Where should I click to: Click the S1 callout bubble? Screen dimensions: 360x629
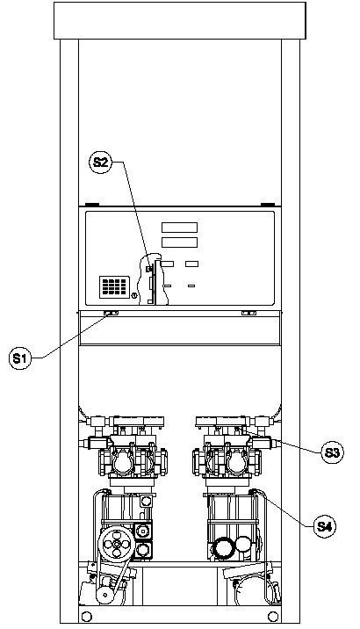click(19, 358)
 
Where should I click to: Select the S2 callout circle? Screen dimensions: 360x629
click(100, 162)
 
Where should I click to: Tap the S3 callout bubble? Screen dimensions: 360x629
click(332, 452)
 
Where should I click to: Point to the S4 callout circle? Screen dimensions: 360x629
click(324, 526)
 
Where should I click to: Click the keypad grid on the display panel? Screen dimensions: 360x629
click(114, 286)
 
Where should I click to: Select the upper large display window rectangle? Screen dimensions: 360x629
click(179, 228)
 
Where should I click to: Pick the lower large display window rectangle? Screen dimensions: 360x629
click(179, 242)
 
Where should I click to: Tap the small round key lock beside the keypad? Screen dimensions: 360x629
click(133, 296)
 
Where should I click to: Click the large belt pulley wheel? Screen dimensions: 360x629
click(116, 544)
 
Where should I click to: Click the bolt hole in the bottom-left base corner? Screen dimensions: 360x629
click(85, 616)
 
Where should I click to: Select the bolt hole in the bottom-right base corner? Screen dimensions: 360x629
click(273, 616)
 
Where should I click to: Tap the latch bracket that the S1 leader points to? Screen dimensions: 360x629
click(111, 313)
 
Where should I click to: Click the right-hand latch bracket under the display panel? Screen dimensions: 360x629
click(248, 313)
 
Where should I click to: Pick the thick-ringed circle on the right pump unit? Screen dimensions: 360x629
click(222, 548)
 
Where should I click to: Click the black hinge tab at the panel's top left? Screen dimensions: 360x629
click(92, 205)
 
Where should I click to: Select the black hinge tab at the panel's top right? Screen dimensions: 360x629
click(268, 205)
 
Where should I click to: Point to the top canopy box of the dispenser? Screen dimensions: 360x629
click(180, 20)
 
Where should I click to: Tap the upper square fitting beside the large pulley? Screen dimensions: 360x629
click(143, 531)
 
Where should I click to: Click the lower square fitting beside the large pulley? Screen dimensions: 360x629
click(143, 549)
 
